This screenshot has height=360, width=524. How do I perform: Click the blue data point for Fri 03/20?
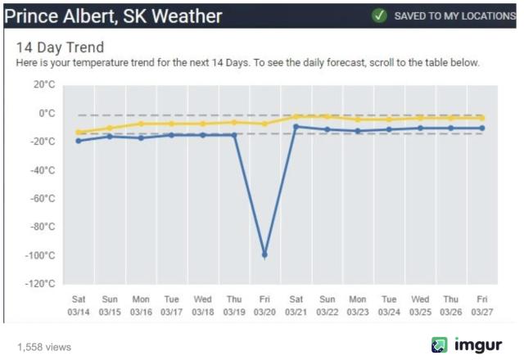(x=264, y=254)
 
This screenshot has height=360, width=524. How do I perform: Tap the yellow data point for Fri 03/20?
(x=264, y=124)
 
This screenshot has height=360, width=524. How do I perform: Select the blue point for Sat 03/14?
(x=79, y=141)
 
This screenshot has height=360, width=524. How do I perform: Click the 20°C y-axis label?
(x=43, y=84)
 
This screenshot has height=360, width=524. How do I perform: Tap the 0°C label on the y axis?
(x=46, y=113)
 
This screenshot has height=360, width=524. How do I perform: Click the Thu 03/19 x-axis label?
(x=234, y=305)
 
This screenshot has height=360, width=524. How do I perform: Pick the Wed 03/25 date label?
(x=419, y=305)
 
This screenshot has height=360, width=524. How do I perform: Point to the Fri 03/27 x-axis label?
(x=482, y=305)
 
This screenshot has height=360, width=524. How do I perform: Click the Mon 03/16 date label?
(x=141, y=305)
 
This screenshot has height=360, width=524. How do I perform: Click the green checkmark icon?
(x=379, y=16)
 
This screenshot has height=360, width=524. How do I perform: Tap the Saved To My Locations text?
(x=454, y=16)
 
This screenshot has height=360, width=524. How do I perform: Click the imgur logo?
(x=467, y=345)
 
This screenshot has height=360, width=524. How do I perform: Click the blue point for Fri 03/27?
(x=482, y=128)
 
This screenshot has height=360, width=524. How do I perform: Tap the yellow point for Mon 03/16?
(x=141, y=124)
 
